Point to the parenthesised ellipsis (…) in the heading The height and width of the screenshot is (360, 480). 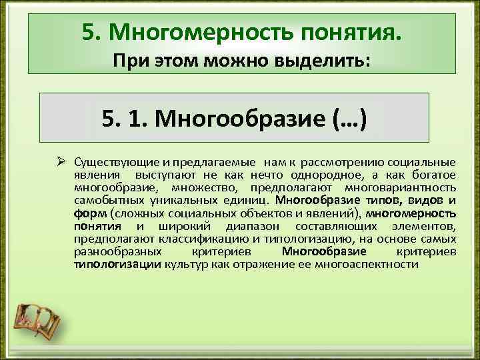[x=347, y=118]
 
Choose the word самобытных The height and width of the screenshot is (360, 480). [x=102, y=201]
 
